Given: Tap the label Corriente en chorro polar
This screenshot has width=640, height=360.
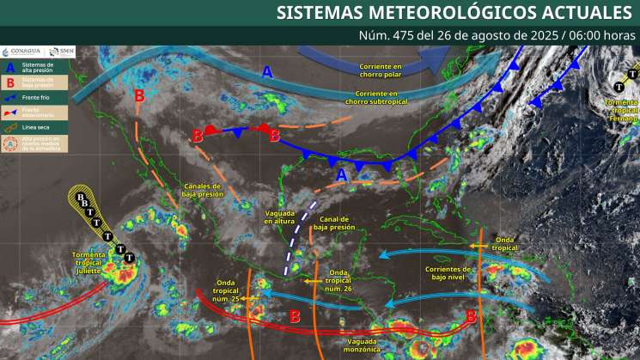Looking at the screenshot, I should click(381, 70).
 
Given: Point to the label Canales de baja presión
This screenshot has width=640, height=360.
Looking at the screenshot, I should click(204, 190).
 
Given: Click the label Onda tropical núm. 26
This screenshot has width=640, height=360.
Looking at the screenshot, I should click(340, 280).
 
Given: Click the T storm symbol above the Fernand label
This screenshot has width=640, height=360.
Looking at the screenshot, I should click(619, 86).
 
